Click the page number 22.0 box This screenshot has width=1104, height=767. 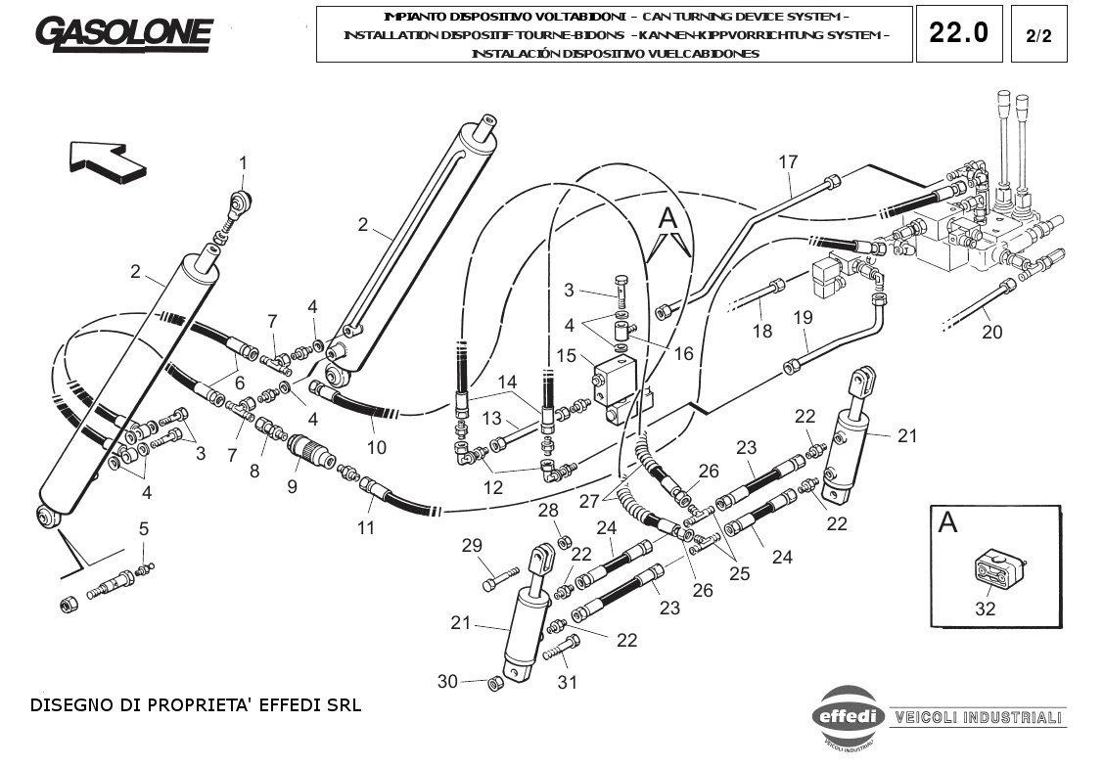[x=958, y=33]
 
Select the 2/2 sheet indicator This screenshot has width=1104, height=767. [x=1038, y=36]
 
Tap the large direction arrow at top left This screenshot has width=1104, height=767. [x=108, y=158]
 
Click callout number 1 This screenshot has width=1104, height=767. [x=244, y=162]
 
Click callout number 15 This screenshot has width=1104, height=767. [x=567, y=356]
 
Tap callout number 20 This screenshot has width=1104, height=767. [x=991, y=332]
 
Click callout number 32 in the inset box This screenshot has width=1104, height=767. [x=985, y=608]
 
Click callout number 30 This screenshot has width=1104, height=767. [x=447, y=681]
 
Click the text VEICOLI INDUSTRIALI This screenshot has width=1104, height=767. [x=978, y=717]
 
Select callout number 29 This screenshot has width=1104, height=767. [x=472, y=545]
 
